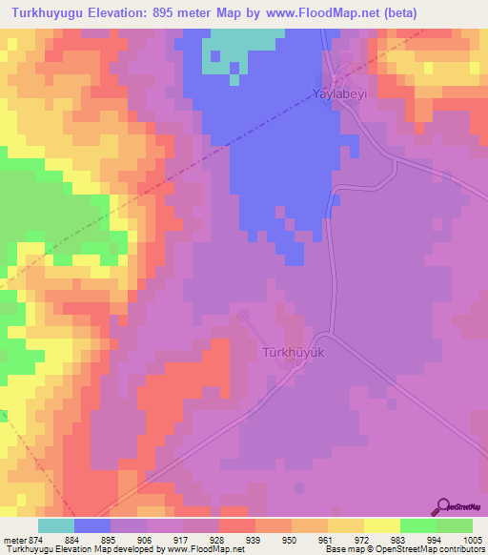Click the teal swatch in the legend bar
pyautogui.click(x=56, y=525)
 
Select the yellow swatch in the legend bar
pyautogui.click(x=382, y=525)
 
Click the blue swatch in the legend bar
pyautogui.click(x=92, y=525)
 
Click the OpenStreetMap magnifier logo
pyautogui.click(x=445, y=506)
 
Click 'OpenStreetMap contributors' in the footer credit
pyautogui.click(x=437, y=549)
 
